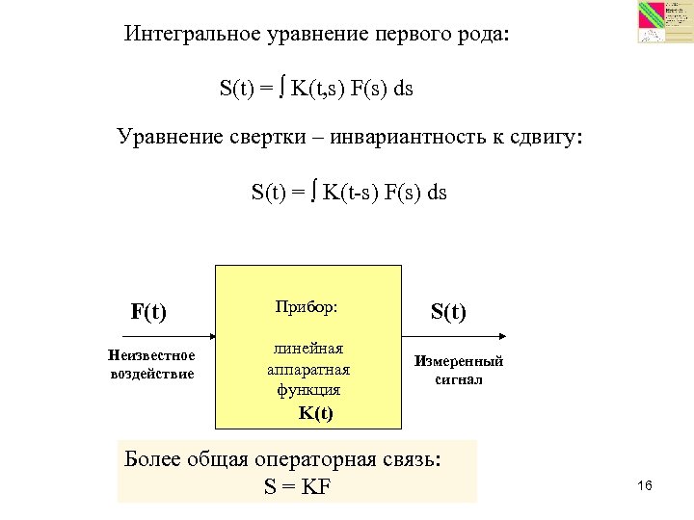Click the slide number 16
tap(645, 485)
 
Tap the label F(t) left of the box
tap(148, 312)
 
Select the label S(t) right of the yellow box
tap(448, 312)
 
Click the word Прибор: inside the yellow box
tap(307, 307)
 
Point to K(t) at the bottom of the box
tap(315, 413)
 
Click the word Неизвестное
tap(152, 356)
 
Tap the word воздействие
tap(152, 374)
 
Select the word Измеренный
tap(459, 362)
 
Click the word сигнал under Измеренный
tap(459, 379)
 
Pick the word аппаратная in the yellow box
tap(308, 370)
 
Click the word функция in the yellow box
tap(308, 390)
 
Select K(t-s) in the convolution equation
tap(349, 192)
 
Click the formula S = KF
tap(297, 486)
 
